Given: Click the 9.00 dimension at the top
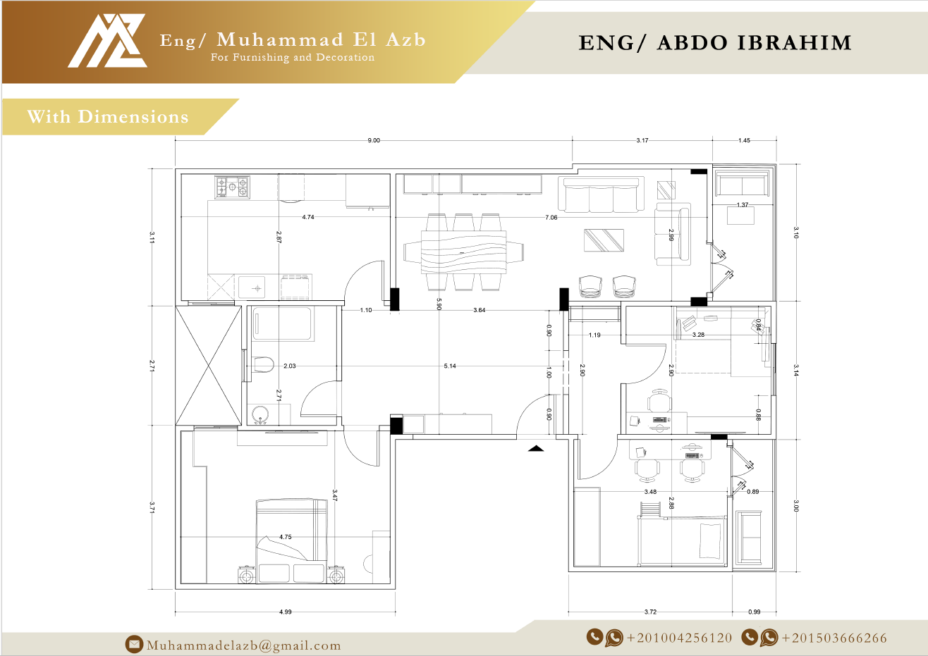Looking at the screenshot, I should (373, 140).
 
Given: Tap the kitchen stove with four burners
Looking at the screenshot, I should (232, 187).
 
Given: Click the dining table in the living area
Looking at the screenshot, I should (463, 252).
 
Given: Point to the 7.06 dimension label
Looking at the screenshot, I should (551, 218).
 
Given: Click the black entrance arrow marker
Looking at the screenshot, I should (536, 447).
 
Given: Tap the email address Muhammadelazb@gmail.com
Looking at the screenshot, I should (243, 645).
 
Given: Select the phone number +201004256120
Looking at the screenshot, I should (679, 638).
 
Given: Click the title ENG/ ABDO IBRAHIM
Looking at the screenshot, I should (715, 43).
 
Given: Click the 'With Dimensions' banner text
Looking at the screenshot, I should (108, 117).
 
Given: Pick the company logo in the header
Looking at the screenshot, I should (107, 41).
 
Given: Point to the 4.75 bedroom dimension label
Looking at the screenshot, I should (285, 537).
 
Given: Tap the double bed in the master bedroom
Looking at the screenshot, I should (291, 540).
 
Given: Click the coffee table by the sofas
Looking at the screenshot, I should (604, 240).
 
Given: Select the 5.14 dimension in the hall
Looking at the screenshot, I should (450, 366).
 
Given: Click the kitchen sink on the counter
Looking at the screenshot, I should (252, 287).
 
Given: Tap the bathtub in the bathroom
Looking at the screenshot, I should (283, 324).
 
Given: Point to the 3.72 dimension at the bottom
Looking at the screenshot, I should (650, 612).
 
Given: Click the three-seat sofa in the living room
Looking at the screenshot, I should (601, 195).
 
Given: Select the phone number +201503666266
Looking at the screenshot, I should (834, 638).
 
